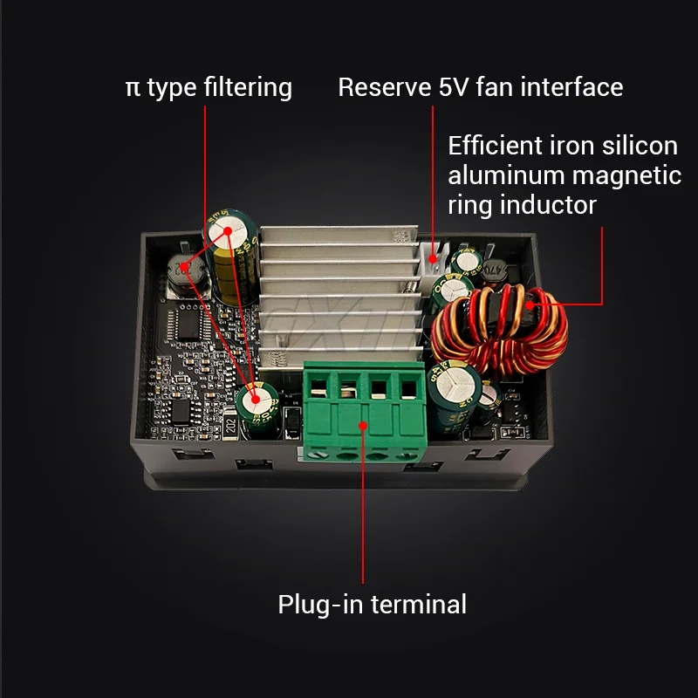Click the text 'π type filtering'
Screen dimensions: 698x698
[209, 87]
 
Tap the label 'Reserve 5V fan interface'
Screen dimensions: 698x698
[480, 87]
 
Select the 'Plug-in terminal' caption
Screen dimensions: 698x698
[372, 604]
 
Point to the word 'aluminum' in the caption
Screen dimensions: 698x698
[507, 175]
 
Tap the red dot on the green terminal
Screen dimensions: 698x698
[363, 424]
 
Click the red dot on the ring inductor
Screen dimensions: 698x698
[528, 305]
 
